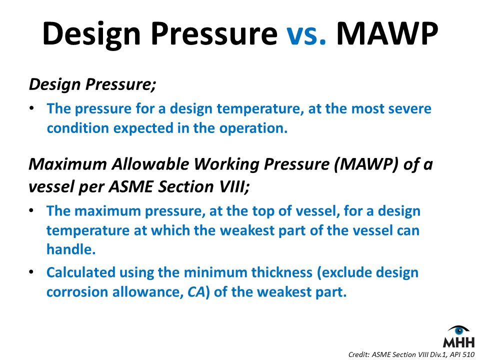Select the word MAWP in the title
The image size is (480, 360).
click(387, 33)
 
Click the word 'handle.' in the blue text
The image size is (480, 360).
click(71, 249)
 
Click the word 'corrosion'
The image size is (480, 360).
click(77, 292)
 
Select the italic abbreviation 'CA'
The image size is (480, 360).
click(196, 292)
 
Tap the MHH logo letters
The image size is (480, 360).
click(459, 342)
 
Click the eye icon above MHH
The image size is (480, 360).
click(459, 330)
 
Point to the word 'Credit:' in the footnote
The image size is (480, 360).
click(358, 354)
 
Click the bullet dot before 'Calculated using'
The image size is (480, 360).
click(31, 272)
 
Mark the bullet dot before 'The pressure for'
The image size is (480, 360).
click(31, 108)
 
